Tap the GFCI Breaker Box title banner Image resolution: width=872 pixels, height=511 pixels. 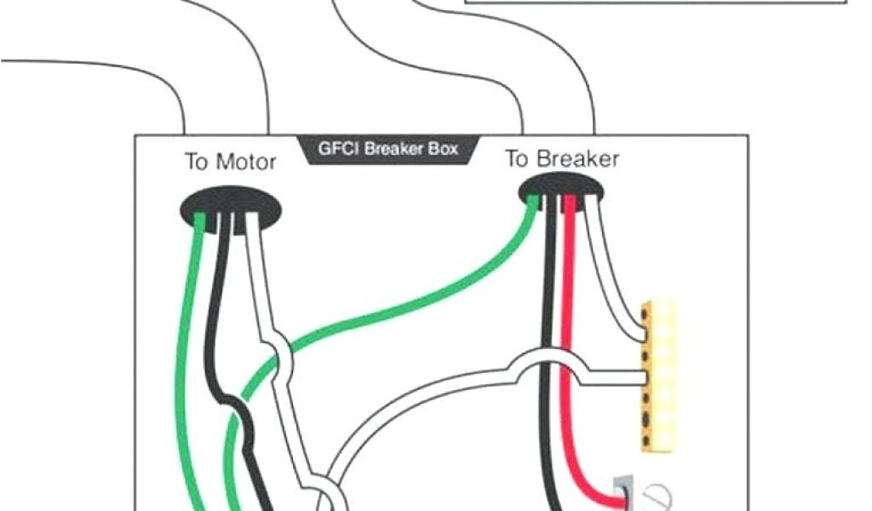pyautogui.click(x=387, y=149)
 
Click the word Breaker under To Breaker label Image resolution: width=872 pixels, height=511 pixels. pyautogui.click(x=578, y=158)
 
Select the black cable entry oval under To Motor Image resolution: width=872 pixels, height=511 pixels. pyautogui.click(x=230, y=208)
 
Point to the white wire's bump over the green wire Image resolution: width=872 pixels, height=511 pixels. pyautogui.click(x=282, y=358)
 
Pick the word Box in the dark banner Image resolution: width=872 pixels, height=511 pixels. pyautogui.click(x=443, y=148)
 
